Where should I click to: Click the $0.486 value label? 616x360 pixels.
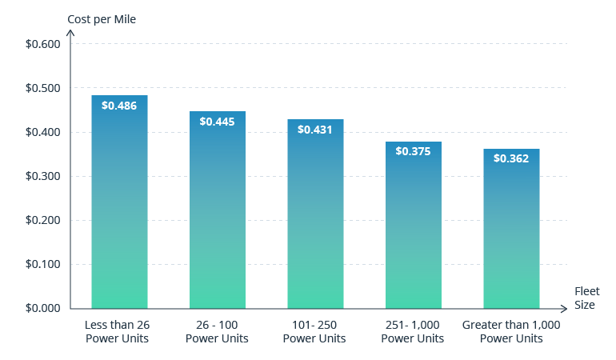pyautogui.click(x=119, y=106)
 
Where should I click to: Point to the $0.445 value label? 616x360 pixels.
pyautogui.click(x=217, y=122)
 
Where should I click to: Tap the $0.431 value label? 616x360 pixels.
pyautogui.click(x=315, y=129)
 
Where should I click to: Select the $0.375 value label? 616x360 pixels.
pyautogui.click(x=413, y=151)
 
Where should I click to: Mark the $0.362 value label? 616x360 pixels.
pyautogui.click(x=511, y=158)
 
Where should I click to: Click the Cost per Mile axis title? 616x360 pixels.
pyautogui.click(x=102, y=19)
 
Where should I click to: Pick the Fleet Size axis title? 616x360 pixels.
pyautogui.click(x=586, y=298)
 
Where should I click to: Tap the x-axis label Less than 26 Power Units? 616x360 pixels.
pyautogui.click(x=118, y=332)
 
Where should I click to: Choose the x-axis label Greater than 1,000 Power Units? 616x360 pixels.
pyautogui.click(x=511, y=332)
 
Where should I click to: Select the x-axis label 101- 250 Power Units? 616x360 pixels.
pyautogui.click(x=314, y=332)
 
